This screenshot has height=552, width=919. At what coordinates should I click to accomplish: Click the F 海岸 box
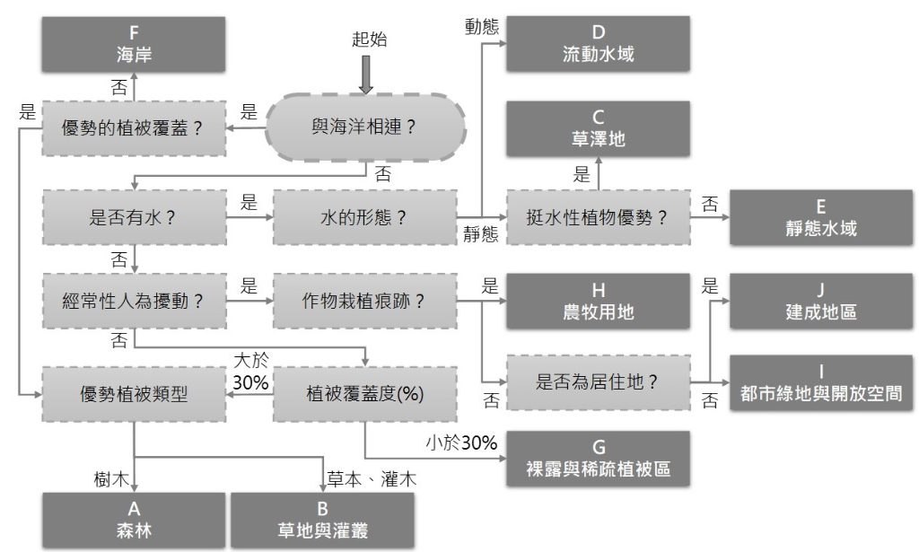134,43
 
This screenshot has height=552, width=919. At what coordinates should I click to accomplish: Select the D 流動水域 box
598,43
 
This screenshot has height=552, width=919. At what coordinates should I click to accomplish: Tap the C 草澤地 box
598,128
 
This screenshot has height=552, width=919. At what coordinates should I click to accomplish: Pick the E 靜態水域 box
820,217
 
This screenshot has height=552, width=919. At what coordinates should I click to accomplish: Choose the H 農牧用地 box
598,302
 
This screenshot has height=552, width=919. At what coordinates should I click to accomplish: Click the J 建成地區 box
820,302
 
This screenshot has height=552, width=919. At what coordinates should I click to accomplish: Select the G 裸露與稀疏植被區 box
598,458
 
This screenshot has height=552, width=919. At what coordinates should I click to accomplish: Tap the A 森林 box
134,520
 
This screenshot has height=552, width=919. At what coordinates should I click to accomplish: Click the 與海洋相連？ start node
364,127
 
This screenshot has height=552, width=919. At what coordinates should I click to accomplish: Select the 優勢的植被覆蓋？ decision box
134,127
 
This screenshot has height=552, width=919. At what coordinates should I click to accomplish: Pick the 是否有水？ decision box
134,217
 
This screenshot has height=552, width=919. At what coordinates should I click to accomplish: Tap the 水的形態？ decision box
364,217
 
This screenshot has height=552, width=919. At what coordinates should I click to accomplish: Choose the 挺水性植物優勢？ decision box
598,217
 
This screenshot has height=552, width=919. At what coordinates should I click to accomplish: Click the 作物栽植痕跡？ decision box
364,302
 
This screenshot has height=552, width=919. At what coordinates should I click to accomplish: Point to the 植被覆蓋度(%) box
364,393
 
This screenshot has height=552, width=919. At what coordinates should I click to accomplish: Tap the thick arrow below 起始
365,74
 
